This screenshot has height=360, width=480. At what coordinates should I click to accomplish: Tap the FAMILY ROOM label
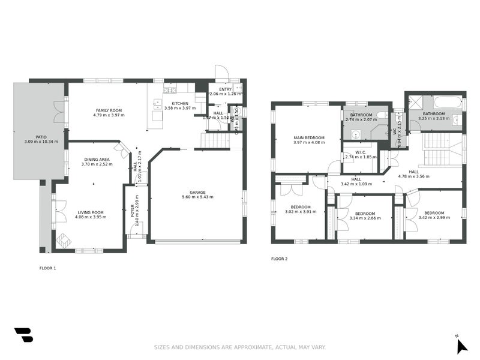(109, 110)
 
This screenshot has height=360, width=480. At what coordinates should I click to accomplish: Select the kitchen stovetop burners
(169, 91)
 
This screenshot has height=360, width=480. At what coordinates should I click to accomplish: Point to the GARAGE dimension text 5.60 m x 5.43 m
(197, 197)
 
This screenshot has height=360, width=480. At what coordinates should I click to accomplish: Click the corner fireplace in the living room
(64, 240)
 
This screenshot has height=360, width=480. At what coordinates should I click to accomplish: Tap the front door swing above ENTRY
(221, 73)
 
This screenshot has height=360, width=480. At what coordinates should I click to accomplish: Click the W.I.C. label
(361, 152)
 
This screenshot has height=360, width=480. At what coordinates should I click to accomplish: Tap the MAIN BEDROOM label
(308, 137)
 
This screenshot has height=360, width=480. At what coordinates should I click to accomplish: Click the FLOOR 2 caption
(279, 259)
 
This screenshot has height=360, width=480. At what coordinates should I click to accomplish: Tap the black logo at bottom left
(23, 335)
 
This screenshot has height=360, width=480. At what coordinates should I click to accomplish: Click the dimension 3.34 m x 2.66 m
(364, 218)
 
